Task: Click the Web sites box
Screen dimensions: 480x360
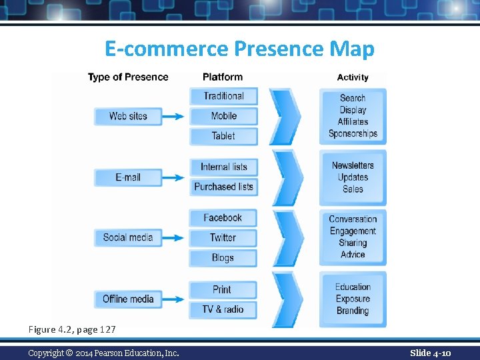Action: coord(128,116)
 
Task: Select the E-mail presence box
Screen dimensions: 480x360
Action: coord(128,177)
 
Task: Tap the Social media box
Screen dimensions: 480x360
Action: coord(128,237)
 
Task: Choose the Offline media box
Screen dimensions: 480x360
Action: coord(128,299)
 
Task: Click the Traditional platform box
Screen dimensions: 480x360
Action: coord(223,96)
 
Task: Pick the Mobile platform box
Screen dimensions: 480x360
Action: coord(223,116)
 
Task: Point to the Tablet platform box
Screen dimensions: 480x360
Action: coord(223,136)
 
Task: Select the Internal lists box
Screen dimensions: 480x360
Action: coord(223,167)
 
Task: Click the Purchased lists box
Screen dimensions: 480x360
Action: coord(223,187)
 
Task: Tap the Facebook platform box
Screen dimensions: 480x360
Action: coord(223,217)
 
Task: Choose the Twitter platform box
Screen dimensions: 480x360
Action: coord(223,237)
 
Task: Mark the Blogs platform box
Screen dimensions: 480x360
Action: coord(223,258)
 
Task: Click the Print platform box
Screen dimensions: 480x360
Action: coord(222,289)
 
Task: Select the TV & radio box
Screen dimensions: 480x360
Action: coord(223,309)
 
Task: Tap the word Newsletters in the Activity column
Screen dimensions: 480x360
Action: coord(353,165)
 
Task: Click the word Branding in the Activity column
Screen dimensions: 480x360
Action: coord(353,311)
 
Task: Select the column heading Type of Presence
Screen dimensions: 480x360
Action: coord(128,77)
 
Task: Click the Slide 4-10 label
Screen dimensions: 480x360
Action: coord(430,353)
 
